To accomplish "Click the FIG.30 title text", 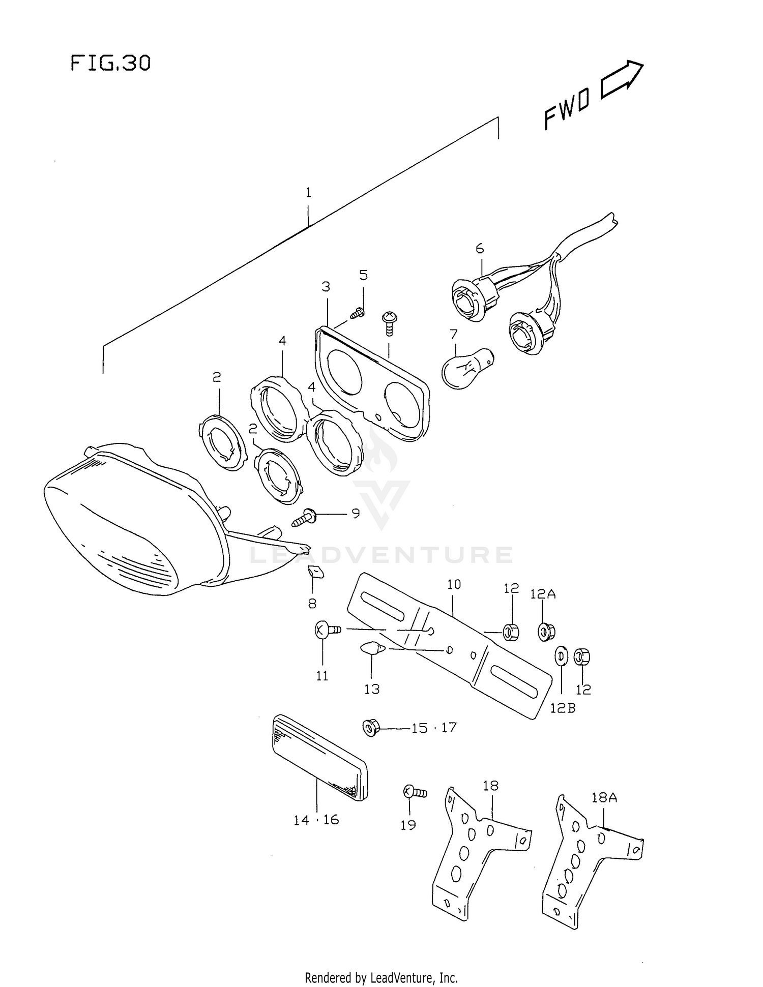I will pyautogui.click(x=110, y=63).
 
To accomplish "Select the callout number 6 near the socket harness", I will pyautogui.click(x=480, y=249).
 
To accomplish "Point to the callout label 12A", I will pyautogui.click(x=543, y=593).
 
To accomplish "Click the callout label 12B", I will pyautogui.click(x=563, y=707).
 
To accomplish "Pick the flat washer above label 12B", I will pyautogui.click(x=562, y=656).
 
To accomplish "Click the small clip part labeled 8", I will pyautogui.click(x=315, y=573).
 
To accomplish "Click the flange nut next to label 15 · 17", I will pyautogui.click(x=371, y=728).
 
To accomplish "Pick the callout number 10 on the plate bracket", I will pyautogui.click(x=454, y=584).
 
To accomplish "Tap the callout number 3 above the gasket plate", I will pyautogui.click(x=326, y=287).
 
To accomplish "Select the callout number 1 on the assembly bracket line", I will pyautogui.click(x=308, y=193).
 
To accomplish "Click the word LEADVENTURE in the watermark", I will pyautogui.click(x=382, y=555).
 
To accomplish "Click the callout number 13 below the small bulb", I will pyautogui.click(x=372, y=689).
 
